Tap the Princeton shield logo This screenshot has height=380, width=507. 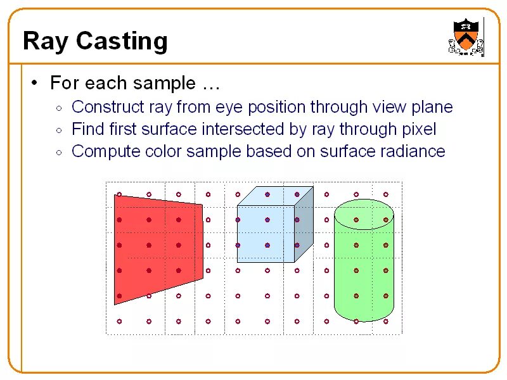click(466, 37)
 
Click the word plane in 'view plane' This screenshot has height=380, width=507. click(433, 107)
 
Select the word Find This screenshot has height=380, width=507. click(87, 129)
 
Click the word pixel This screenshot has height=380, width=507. click(419, 129)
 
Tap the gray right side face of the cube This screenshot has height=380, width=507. click(304, 225)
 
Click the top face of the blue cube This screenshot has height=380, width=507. click(275, 196)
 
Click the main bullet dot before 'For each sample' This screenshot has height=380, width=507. click(35, 83)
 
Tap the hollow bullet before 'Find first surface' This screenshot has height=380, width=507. click(58, 130)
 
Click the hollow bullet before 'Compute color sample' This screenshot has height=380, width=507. click(58, 153)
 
